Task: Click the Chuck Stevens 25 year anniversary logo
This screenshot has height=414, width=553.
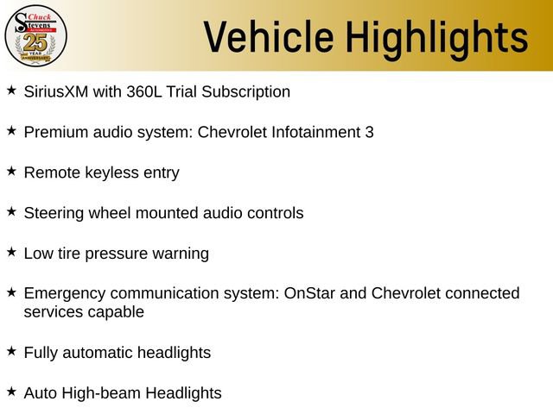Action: [x=35, y=35]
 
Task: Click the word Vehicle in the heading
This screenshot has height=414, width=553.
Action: [x=268, y=37]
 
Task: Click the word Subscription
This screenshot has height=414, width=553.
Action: [x=251, y=91]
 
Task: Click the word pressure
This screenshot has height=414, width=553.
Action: [x=118, y=254]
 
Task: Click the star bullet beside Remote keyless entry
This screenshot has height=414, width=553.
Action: [x=11, y=171]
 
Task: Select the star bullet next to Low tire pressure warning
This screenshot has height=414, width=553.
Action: [x=11, y=252]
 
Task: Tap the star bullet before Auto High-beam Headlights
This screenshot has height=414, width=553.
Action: [x=11, y=392]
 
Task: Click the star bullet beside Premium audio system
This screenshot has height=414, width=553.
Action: [x=11, y=130]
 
